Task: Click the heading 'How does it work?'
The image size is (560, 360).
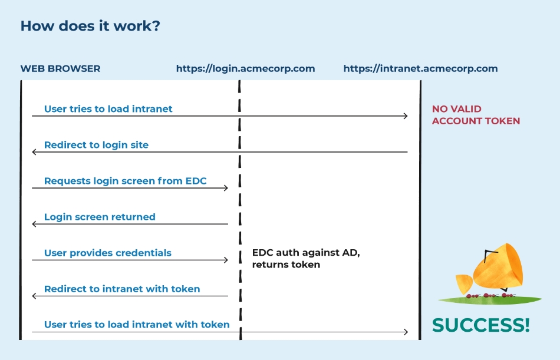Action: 90,27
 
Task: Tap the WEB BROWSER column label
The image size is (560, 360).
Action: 60,68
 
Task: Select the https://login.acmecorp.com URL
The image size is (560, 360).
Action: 245,68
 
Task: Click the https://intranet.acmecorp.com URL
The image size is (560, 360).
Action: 420,68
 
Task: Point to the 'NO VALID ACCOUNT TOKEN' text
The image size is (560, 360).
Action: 476,115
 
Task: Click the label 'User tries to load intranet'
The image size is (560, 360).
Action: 108,108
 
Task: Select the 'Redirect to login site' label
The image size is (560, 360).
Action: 96,145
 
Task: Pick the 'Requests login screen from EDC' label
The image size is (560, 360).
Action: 126,181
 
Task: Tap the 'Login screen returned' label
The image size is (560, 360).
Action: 100,217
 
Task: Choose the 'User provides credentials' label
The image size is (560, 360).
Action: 108,253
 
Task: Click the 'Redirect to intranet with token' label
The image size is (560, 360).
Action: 122,289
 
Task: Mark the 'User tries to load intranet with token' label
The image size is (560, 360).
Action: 137,324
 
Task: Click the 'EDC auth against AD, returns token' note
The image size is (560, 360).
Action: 306,259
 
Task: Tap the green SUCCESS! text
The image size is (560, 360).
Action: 480,325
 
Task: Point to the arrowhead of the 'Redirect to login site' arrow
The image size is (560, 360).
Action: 34,152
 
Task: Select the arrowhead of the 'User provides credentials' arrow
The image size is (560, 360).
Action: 226,260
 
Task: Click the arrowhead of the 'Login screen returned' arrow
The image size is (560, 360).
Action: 34,224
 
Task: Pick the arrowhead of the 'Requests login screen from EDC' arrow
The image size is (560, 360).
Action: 226,188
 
